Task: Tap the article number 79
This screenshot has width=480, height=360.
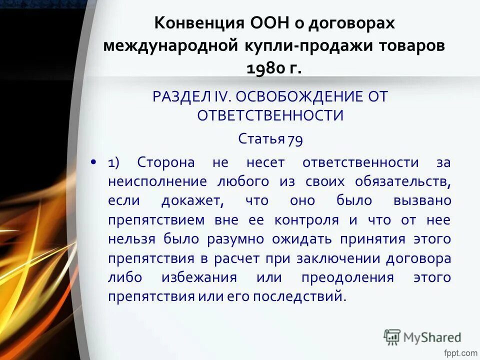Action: coord(295,139)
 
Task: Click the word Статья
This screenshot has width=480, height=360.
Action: coord(261,138)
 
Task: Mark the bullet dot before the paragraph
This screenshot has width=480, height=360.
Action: coord(93,162)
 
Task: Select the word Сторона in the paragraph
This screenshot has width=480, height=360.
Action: coord(165,162)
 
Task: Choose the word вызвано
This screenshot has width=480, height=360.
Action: coord(422,201)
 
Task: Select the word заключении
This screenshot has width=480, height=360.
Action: coord(335,258)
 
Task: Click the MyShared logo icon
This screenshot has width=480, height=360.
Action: coord(392,337)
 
